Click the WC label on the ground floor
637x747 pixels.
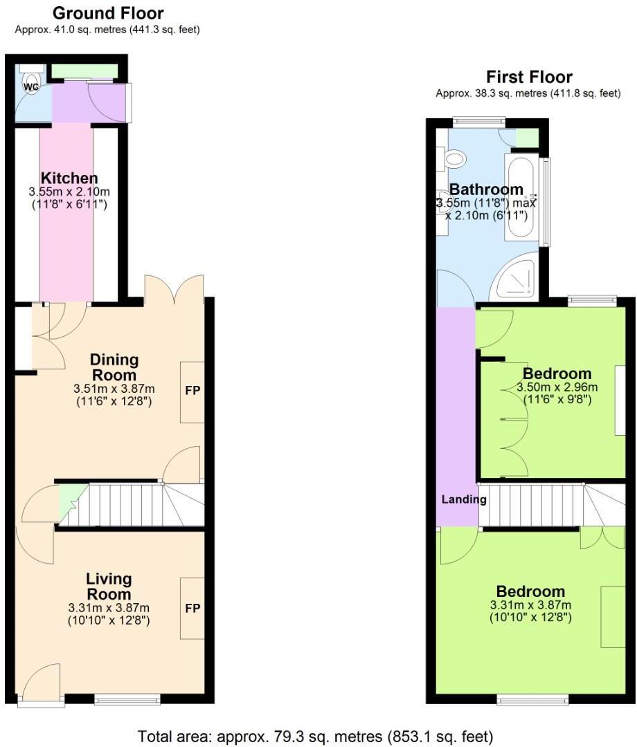(31, 87)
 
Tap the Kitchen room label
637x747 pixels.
(69, 178)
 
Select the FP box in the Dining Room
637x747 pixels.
(192, 391)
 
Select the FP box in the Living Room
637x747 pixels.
(192, 609)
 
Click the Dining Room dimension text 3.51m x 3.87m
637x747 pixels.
(114, 389)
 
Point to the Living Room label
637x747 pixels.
(109, 587)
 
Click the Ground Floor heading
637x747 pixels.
(108, 13)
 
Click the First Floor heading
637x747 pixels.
(529, 77)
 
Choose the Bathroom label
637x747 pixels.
(486, 190)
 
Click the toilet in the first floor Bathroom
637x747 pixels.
(454, 159)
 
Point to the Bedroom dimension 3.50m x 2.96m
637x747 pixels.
(557, 387)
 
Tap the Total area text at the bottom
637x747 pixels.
(316, 735)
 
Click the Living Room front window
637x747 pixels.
(127, 699)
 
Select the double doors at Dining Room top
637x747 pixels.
(174, 288)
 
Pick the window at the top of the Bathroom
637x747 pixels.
(478, 122)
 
